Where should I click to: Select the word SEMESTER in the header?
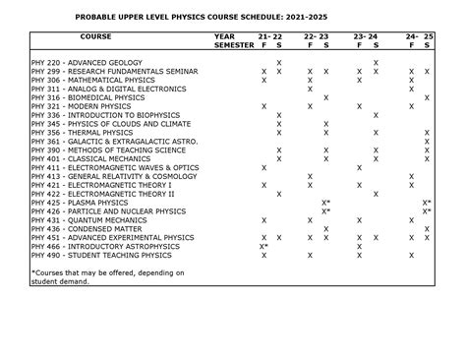[x=233, y=45]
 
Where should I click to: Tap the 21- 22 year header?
[x=271, y=36]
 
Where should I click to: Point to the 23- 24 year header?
[x=368, y=36]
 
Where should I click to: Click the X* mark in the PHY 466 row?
[x=263, y=247]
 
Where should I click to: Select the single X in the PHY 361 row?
[x=427, y=143]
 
